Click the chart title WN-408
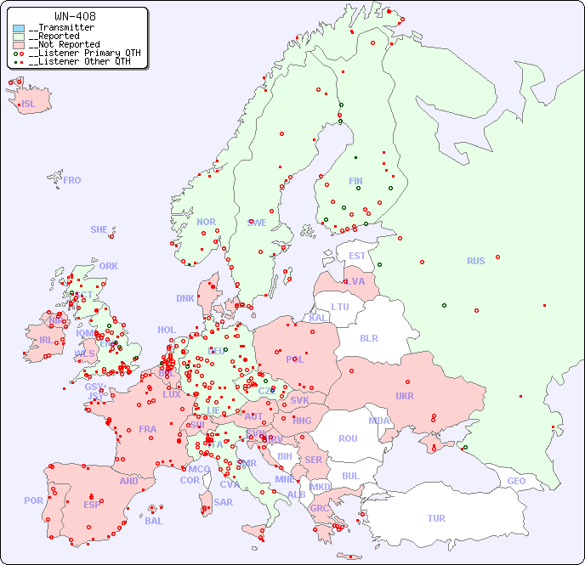pos(75,16)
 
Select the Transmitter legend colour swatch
pos(19,28)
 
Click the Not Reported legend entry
pos(64,44)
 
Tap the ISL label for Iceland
pos(28,105)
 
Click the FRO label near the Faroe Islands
pos(72,180)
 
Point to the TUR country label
pos(436,518)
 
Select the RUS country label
pos(475,261)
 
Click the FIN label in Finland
pos(355,181)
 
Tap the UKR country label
pos(405,396)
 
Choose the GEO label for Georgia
pos(516,481)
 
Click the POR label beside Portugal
pos(33,500)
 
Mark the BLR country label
pos(368,337)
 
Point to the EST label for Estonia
pos(357,256)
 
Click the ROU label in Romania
pos(348,438)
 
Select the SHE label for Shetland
pos(99,229)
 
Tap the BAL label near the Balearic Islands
pos(154,521)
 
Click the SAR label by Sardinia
pos(224,502)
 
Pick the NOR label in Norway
pos(206,222)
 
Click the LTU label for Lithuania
pos(340,307)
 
